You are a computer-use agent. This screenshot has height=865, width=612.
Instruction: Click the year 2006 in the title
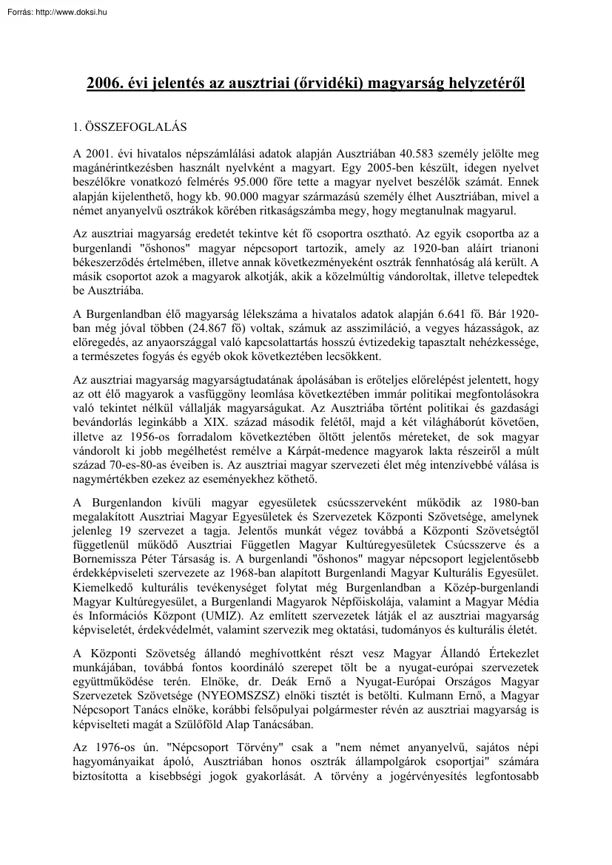pos(104,84)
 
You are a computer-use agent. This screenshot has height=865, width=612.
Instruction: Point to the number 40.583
pos(417,155)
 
